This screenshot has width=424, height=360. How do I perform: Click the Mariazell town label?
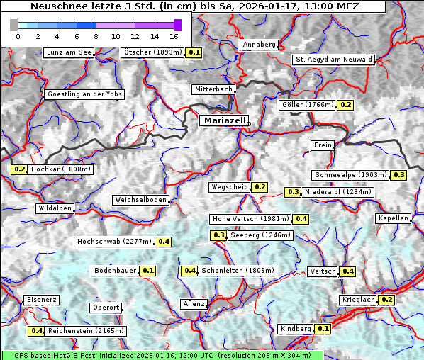223,120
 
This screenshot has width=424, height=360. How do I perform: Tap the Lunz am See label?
68,52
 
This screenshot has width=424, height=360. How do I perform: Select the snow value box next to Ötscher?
194,52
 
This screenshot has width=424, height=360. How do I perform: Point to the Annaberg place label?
259,45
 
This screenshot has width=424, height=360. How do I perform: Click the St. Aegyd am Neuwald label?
333,60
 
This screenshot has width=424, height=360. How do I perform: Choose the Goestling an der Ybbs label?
84,94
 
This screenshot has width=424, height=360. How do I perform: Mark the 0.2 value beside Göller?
345,105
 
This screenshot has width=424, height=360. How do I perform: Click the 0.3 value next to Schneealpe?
398,175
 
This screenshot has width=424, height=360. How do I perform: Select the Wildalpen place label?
55,208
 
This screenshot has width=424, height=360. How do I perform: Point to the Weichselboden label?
141,200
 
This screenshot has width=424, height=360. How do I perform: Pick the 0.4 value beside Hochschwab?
164,242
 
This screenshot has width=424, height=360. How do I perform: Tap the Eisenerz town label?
41,300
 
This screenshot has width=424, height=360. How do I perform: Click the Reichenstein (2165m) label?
87,331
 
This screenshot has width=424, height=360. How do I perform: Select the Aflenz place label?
194,304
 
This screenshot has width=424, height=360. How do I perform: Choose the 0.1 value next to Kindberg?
323,329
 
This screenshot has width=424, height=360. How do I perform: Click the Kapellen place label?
394,218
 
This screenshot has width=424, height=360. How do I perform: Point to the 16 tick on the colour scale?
174,35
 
